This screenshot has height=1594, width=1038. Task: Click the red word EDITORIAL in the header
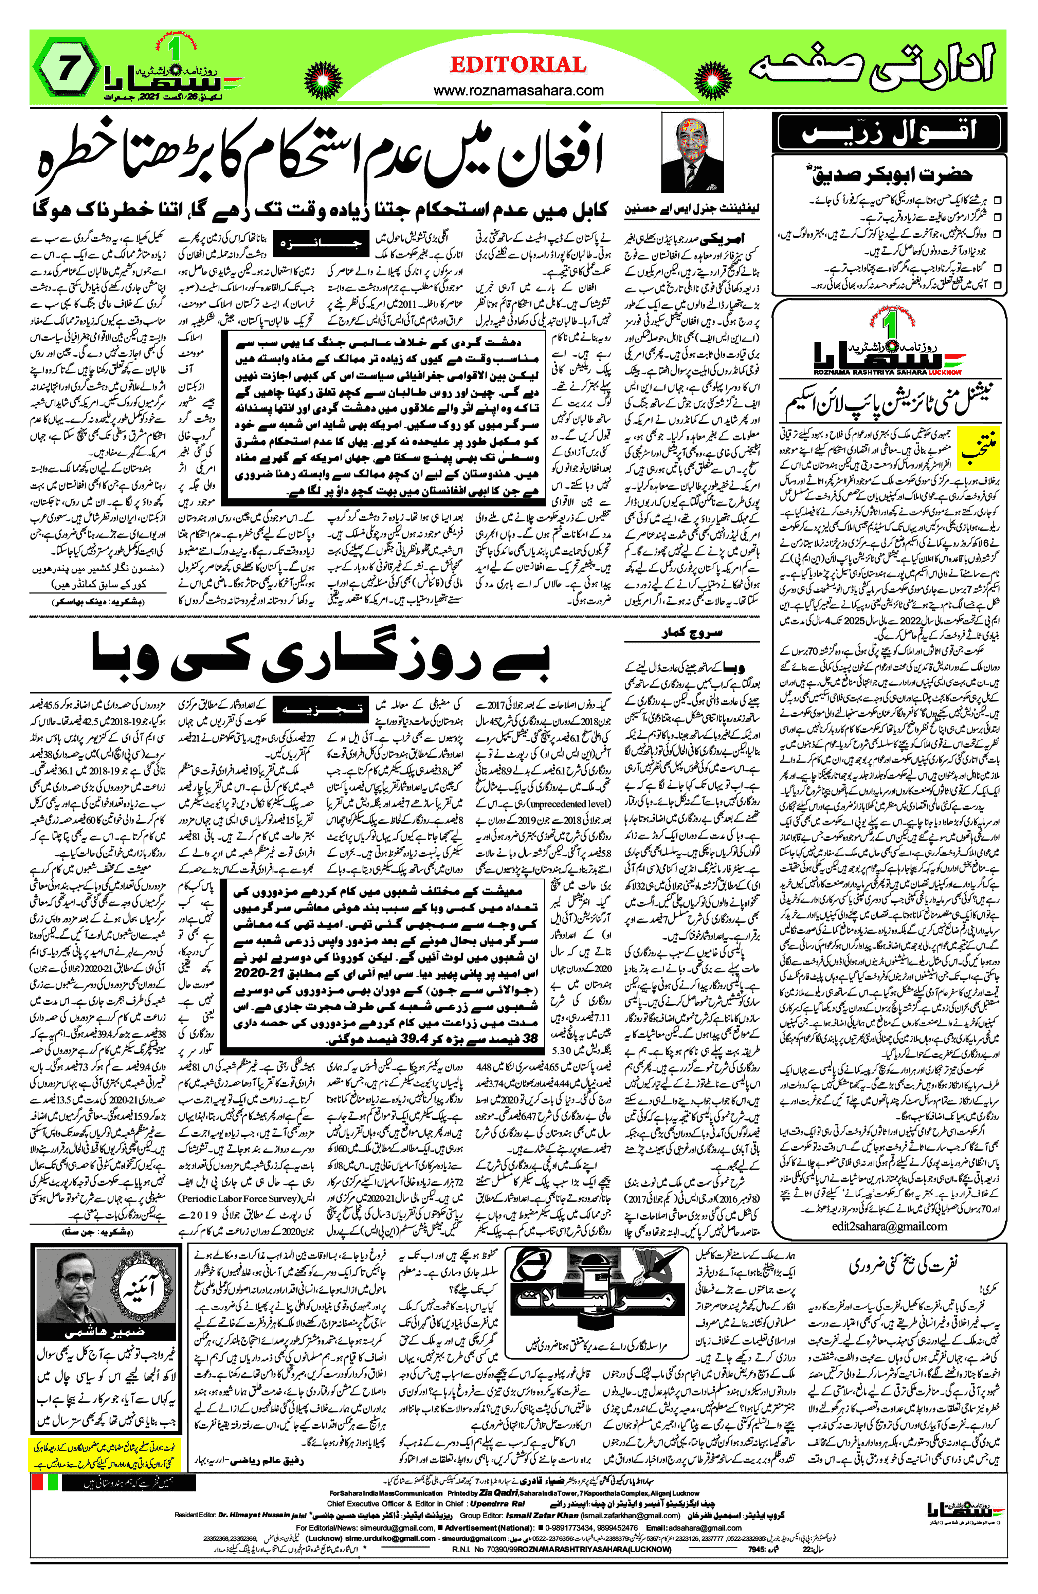[x=518, y=65]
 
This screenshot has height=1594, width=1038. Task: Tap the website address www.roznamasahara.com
[x=518, y=90]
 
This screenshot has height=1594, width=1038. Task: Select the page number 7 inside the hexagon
[x=65, y=69]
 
